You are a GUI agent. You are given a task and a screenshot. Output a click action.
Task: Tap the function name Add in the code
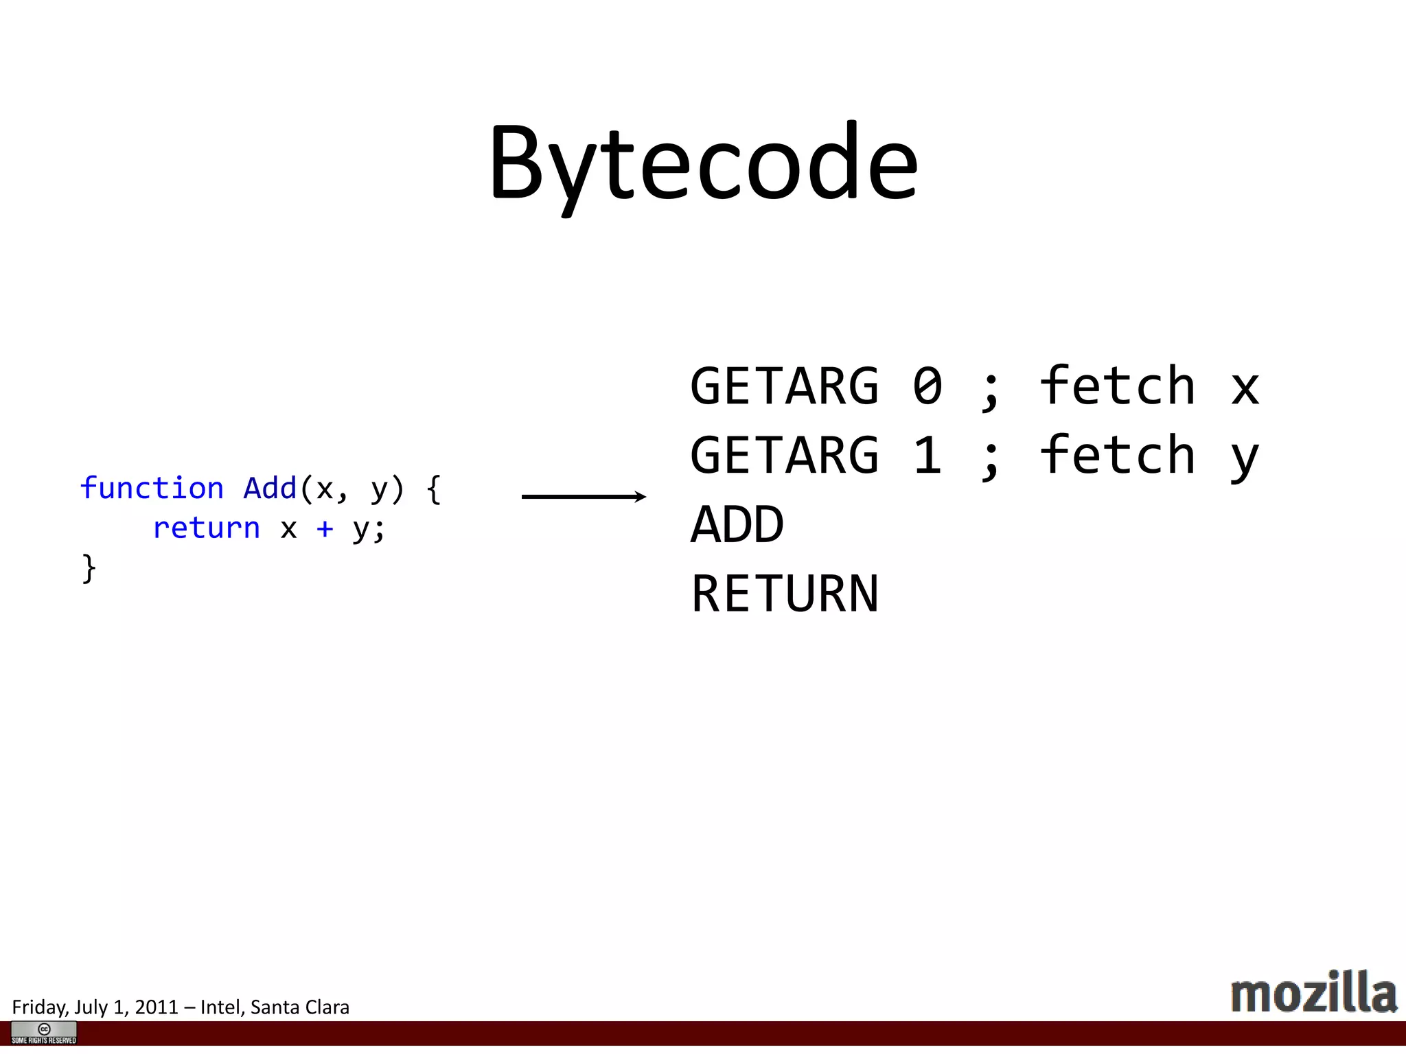[x=270, y=488]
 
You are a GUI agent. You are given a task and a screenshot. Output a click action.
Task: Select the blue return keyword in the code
[x=206, y=528]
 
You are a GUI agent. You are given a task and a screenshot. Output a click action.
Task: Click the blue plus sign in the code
[x=325, y=528]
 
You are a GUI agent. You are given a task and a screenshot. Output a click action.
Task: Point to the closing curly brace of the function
[x=89, y=568]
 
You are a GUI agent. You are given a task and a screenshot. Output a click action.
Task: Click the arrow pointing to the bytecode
[x=584, y=496]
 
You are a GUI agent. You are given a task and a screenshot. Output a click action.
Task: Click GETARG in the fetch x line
[x=784, y=386]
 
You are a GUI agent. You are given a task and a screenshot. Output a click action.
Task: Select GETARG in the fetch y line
[x=784, y=455]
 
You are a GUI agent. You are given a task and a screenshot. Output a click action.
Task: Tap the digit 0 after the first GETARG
[x=927, y=386]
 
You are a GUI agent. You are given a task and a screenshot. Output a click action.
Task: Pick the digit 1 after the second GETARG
[x=927, y=455]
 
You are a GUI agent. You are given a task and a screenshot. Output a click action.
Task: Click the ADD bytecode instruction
[x=737, y=525]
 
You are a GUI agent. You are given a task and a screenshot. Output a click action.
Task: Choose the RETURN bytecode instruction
[x=784, y=594]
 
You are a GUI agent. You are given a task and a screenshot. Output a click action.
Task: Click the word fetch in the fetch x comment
[x=1118, y=386]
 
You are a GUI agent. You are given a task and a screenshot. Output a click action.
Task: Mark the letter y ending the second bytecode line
[x=1245, y=458]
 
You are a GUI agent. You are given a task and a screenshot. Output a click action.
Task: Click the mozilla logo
[x=1313, y=993]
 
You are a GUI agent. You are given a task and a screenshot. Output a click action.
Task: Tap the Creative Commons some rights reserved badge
[x=44, y=1033]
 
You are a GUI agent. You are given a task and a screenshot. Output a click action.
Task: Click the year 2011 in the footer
[x=157, y=1007]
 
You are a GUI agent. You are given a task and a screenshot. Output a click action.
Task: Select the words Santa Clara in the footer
[x=300, y=1007]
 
